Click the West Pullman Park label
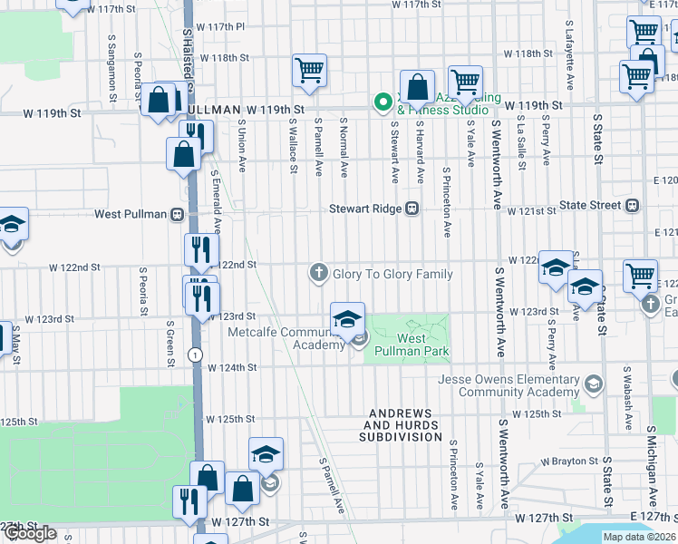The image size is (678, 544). (x=424, y=345)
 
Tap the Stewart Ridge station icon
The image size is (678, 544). (x=412, y=208)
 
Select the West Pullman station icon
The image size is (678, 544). (x=177, y=214)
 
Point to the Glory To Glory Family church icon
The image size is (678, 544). (x=318, y=273)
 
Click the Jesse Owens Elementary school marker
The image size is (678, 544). (x=593, y=384)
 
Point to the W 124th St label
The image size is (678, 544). (x=233, y=368)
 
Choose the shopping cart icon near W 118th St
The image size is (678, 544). (x=309, y=70)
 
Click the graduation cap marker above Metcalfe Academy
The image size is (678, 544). (x=347, y=319)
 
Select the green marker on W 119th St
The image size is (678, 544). (x=383, y=102)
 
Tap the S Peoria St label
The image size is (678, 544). (x=143, y=291)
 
